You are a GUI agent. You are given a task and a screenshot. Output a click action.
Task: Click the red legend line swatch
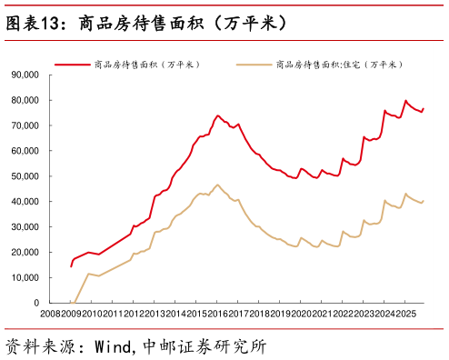[72, 65]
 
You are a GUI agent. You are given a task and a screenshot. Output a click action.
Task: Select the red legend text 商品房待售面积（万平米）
[146, 65]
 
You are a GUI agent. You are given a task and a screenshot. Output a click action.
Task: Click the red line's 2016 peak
[217, 115]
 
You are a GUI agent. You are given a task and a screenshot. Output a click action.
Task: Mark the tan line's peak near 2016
[217, 185]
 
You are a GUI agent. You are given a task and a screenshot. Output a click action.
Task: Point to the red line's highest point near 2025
[405, 101]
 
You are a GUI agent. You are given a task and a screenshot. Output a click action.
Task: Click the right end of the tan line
[424, 201]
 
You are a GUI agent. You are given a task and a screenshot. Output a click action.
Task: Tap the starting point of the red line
[71, 266]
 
